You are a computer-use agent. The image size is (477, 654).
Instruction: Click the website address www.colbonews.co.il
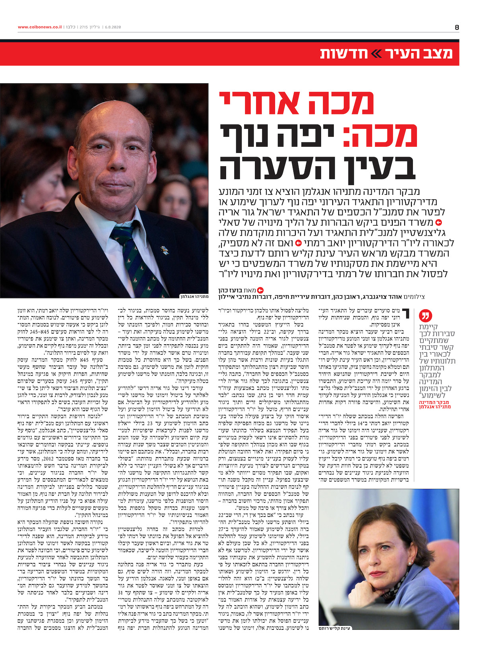pos(40,27)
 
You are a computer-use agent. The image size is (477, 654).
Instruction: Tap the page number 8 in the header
pos(457,27)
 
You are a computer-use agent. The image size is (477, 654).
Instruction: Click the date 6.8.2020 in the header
pos(112,27)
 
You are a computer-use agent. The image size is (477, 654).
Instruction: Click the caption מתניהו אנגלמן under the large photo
pos(194,296)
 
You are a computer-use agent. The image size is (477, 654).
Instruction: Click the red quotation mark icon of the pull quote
pos(425,317)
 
